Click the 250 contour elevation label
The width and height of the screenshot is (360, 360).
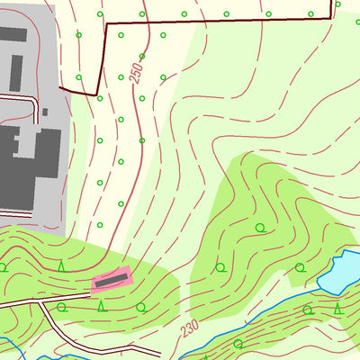(137, 72)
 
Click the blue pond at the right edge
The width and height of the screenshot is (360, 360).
(342, 272)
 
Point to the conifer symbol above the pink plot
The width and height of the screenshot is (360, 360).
(61, 265)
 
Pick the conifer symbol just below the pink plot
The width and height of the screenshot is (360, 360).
(101, 306)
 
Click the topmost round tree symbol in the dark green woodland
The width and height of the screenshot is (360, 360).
(261, 227)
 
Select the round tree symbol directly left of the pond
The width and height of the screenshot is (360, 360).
(300, 267)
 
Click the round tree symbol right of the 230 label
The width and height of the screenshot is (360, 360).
(238, 343)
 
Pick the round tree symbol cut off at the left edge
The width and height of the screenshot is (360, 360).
(3, 267)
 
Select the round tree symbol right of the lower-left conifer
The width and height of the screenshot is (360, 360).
(139, 307)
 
